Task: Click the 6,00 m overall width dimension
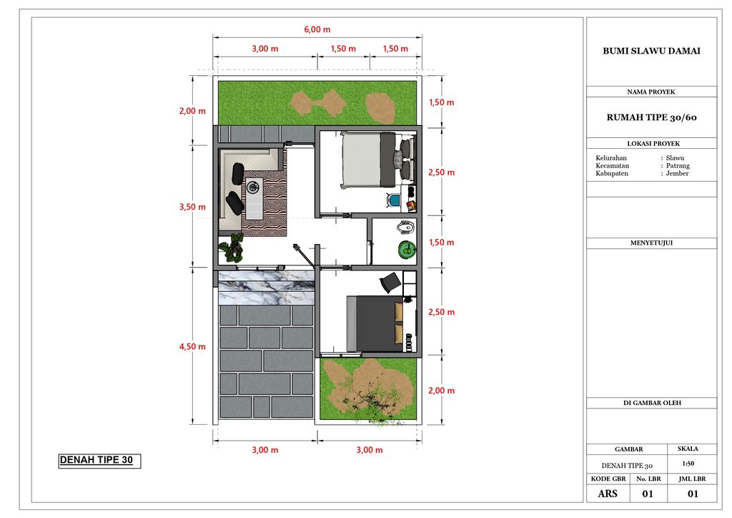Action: click(317, 29)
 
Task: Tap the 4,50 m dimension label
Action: click(192, 346)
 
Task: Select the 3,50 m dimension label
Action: click(192, 207)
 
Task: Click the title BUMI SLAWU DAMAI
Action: click(651, 51)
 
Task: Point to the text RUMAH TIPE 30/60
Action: click(652, 118)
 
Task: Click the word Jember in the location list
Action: click(678, 173)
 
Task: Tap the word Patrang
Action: click(678, 166)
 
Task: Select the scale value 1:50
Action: click(688, 464)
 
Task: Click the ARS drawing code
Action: click(608, 494)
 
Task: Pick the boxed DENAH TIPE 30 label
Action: click(99, 461)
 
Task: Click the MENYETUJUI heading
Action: click(651, 243)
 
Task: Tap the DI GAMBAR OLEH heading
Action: click(652, 403)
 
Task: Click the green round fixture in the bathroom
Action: click(407, 250)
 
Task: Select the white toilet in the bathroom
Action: click(406, 228)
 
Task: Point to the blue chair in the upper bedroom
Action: click(395, 200)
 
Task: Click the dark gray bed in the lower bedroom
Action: click(375, 323)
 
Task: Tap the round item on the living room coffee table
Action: click(254, 187)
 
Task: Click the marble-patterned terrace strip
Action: click(266, 288)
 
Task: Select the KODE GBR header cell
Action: click(608, 479)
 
